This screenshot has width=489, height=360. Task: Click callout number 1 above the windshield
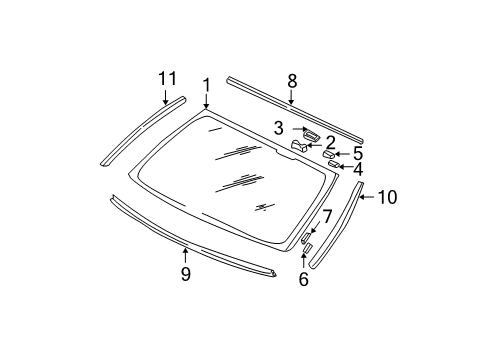pyautogui.click(x=206, y=85)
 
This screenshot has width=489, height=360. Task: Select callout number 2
pyautogui.click(x=329, y=142)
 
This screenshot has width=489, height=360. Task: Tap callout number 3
pyautogui.click(x=280, y=127)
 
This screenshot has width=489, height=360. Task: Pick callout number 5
pyautogui.click(x=357, y=153)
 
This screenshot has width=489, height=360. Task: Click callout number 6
pyautogui.click(x=303, y=279)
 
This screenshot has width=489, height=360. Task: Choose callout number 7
pyautogui.click(x=326, y=216)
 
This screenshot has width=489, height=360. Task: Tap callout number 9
pyautogui.click(x=185, y=274)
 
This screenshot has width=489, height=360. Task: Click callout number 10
pyautogui.click(x=386, y=198)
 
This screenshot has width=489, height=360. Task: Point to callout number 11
pyautogui.click(x=166, y=77)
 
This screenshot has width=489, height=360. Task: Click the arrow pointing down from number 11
pyautogui.click(x=166, y=96)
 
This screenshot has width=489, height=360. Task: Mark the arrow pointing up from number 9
pyautogui.click(x=185, y=254)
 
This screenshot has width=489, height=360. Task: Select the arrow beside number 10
pyautogui.click(x=366, y=198)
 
